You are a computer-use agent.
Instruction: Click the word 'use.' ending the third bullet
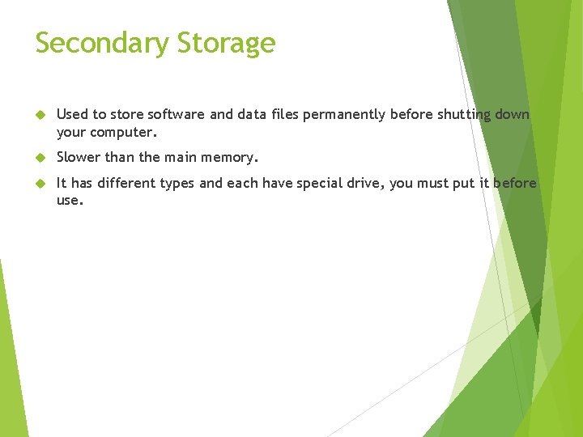tap(70, 199)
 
